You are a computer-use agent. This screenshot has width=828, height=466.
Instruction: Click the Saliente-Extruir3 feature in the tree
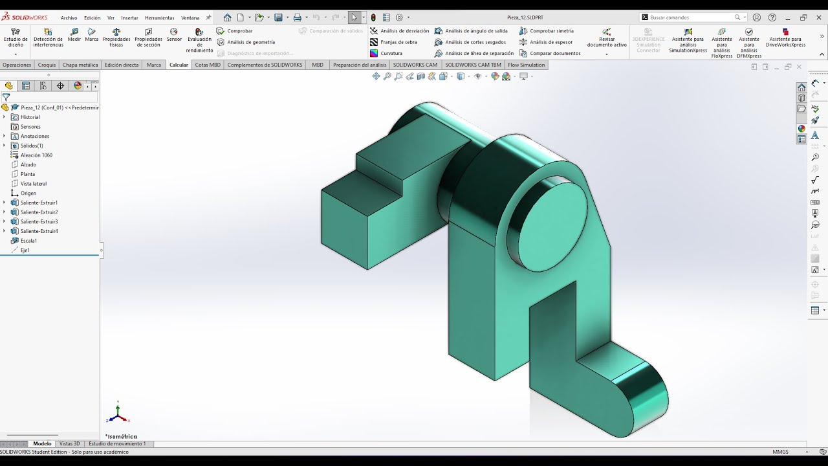[x=39, y=221]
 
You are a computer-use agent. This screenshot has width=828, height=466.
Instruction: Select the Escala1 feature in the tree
[x=28, y=241]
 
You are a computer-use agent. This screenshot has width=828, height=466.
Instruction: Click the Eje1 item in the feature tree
[x=25, y=250]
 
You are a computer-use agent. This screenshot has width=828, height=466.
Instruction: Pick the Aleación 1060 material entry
[x=36, y=155]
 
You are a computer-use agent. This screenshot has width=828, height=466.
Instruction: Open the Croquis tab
[x=47, y=65]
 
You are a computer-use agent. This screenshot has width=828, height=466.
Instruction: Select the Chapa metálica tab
[x=80, y=65]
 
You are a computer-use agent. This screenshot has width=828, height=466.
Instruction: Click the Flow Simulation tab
[x=526, y=65]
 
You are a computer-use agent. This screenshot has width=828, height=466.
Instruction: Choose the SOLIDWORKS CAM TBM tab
[x=473, y=65]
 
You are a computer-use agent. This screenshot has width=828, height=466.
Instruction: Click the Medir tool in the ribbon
[x=74, y=35]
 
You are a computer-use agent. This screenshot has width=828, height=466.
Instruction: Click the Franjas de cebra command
[x=398, y=42]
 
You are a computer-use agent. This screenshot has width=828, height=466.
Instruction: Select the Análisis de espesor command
[x=551, y=42]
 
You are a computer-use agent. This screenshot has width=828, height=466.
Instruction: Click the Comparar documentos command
[x=555, y=54]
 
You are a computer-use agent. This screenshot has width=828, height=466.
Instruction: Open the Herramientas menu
[x=159, y=18]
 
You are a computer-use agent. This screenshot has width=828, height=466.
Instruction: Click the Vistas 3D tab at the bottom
[x=69, y=444]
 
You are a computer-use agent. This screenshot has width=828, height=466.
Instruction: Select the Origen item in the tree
[x=28, y=193]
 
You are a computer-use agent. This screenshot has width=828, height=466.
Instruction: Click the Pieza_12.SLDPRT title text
[x=526, y=17]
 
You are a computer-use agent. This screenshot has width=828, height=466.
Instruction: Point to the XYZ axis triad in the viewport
[x=118, y=413]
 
